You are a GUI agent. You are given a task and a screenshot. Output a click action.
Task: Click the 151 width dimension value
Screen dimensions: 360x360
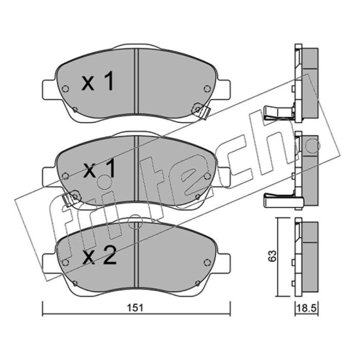[x=135, y=308]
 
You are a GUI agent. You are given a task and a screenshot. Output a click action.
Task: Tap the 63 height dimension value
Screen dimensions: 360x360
[x=272, y=256]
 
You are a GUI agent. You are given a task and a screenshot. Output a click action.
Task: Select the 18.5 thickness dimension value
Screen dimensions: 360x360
[x=306, y=308]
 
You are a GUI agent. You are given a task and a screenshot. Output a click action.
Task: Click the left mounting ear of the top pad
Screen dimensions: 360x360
[x=49, y=89]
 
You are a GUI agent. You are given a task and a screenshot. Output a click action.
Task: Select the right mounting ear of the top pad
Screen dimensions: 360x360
[x=223, y=89]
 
